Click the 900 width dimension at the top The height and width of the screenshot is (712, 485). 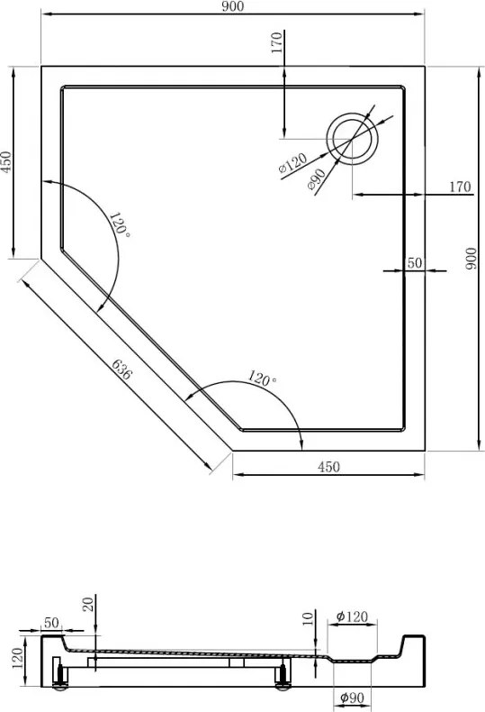(233, 6)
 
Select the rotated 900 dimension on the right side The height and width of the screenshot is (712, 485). (471, 259)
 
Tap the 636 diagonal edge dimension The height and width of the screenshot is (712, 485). (121, 370)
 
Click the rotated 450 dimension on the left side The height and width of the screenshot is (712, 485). (6, 162)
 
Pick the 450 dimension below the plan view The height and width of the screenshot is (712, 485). (328, 467)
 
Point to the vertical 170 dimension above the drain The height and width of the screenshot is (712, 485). (277, 42)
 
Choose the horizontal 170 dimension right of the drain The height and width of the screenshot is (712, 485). (460, 187)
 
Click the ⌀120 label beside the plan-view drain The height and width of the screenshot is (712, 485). (292, 163)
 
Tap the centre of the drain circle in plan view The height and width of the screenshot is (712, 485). (352, 139)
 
